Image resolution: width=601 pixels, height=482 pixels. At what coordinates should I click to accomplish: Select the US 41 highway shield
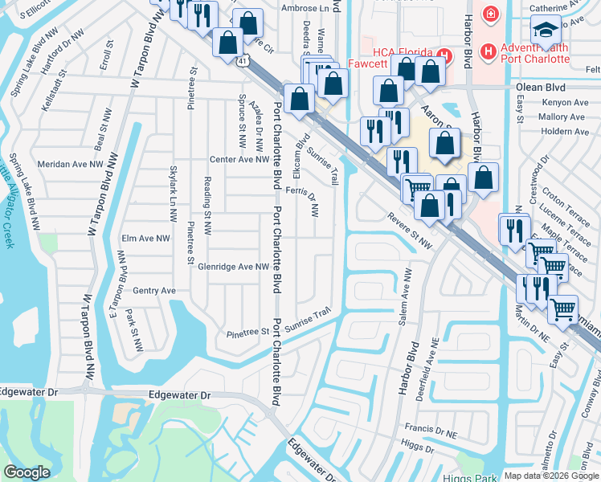pyautogui.click(x=243, y=60)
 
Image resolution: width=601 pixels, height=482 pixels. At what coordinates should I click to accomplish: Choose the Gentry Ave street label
pyautogui.click(x=154, y=291)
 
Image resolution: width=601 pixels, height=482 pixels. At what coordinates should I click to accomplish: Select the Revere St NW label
pyautogui.click(x=410, y=229)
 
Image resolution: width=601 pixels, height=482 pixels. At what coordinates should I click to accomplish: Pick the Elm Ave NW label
pyautogui.click(x=145, y=239)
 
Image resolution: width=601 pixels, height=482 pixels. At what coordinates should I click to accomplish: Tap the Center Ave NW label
pyautogui.click(x=239, y=160)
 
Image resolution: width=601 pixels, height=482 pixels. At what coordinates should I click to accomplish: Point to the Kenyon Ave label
pyautogui.click(x=562, y=104)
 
